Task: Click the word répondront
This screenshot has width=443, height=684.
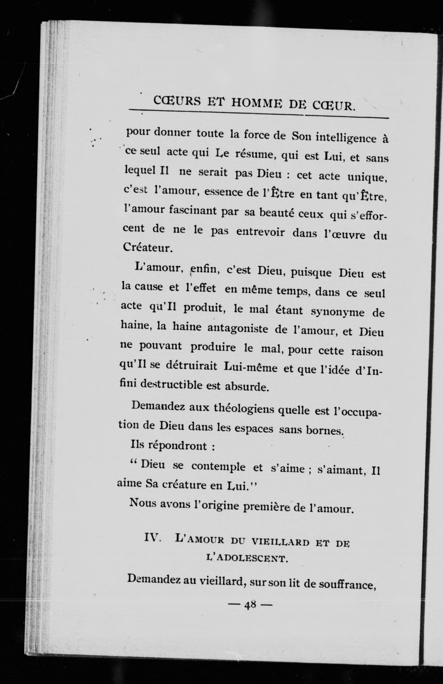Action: pyautogui.click(x=177, y=446)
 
